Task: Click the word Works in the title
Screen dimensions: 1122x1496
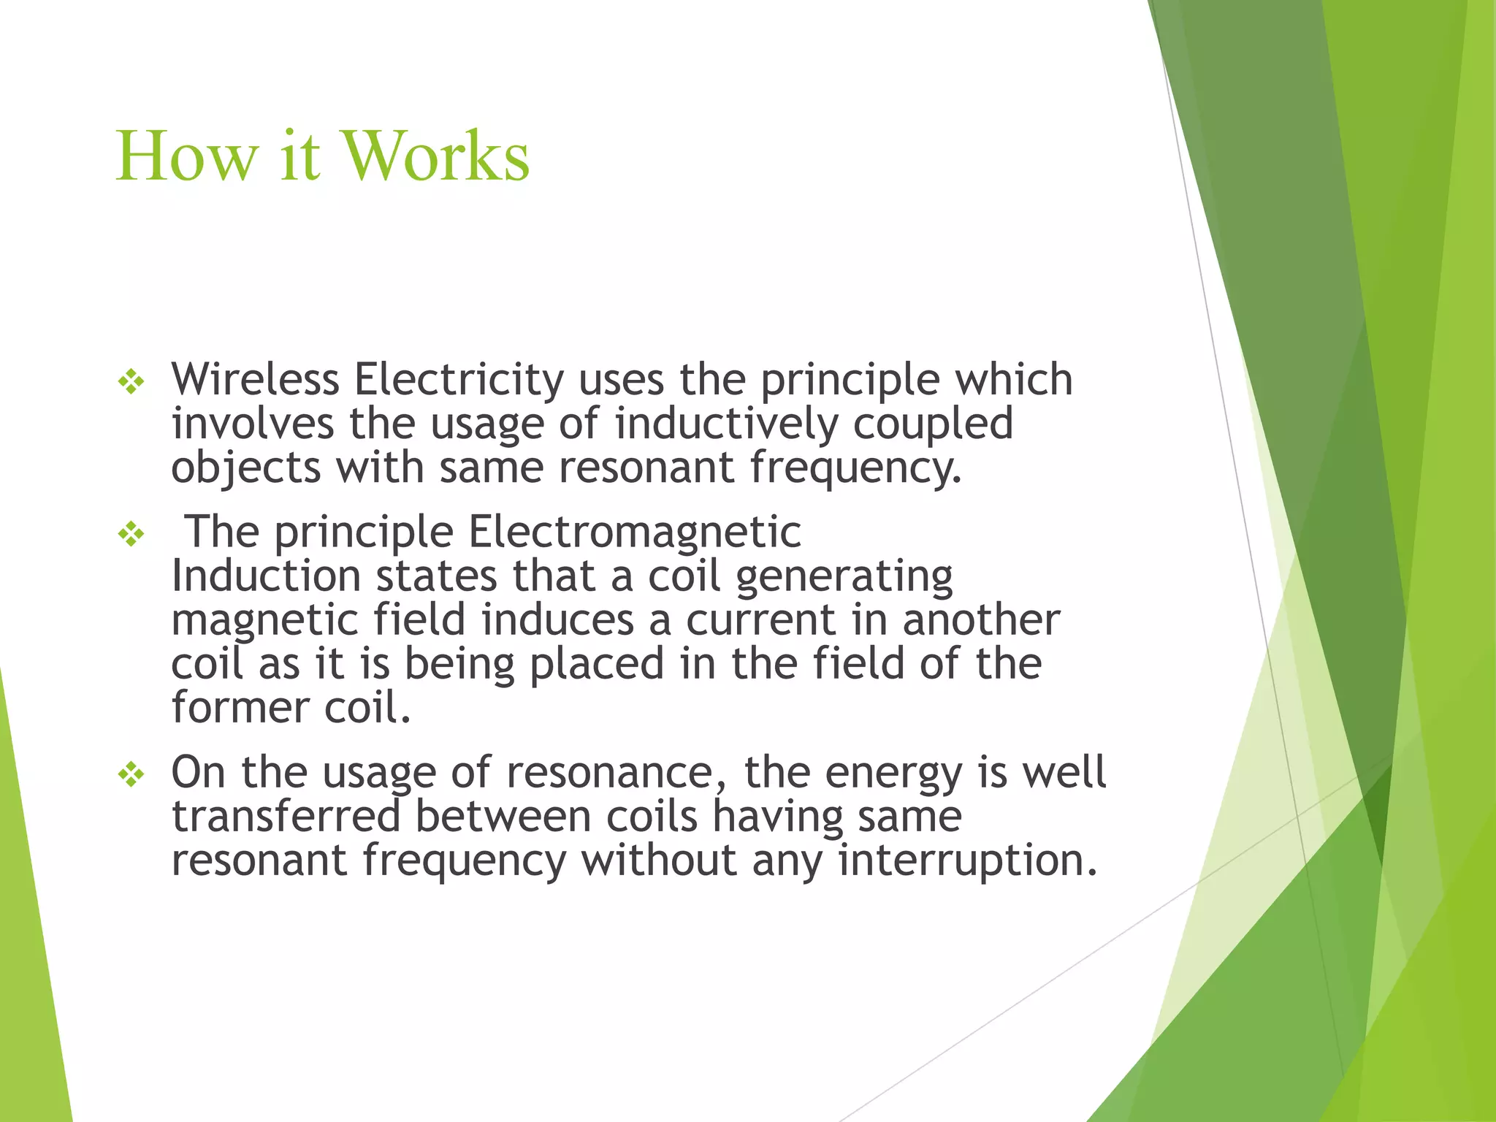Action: click(436, 156)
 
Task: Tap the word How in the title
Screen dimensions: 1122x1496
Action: click(187, 156)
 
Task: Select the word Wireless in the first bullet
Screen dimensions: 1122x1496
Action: click(255, 379)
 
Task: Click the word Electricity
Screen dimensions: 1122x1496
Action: click(459, 379)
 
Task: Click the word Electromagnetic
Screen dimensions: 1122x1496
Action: click(634, 532)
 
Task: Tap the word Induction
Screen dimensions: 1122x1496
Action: click(266, 576)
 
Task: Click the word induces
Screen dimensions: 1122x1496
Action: click(557, 620)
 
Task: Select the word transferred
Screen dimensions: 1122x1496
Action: click(286, 816)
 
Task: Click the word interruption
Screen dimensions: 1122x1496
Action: click(968, 860)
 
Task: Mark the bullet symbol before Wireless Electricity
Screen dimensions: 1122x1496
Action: click(131, 381)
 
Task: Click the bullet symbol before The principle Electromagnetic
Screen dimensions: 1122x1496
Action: click(131, 534)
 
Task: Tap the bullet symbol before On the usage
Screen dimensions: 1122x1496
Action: click(131, 774)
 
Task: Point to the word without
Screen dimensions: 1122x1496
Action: click(659, 860)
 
